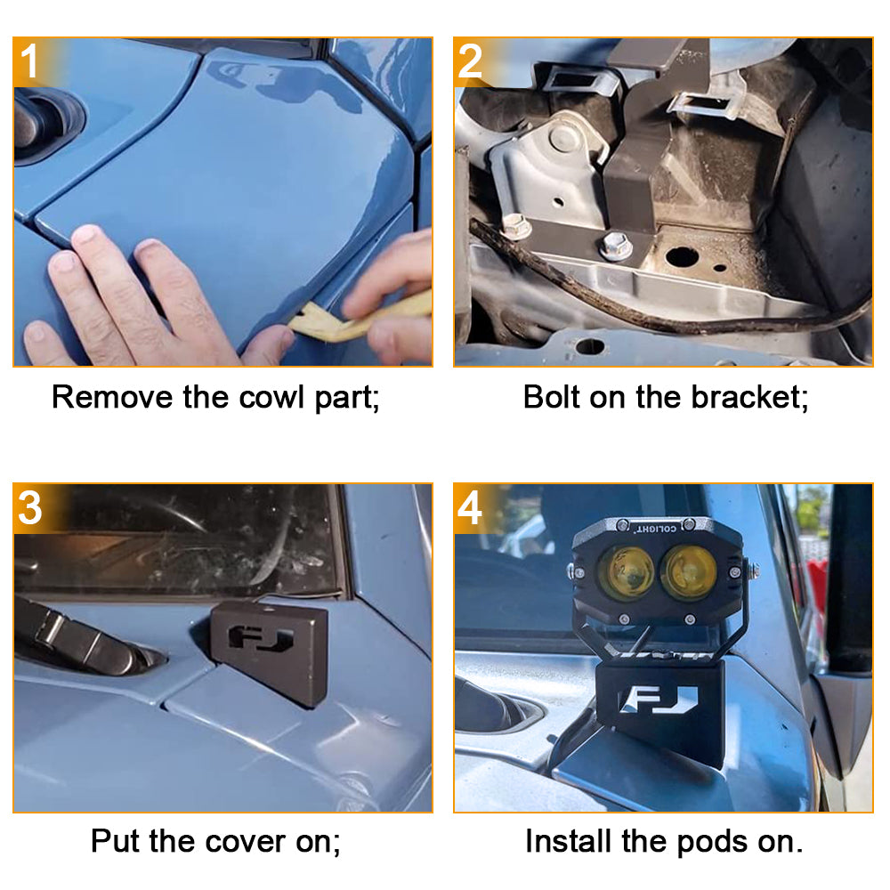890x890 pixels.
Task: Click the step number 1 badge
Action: click(31, 62)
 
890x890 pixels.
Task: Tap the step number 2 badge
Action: click(471, 62)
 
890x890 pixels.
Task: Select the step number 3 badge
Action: click(31, 508)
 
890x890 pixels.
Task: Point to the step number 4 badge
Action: click(471, 508)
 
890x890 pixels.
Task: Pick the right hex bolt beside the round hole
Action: click(615, 244)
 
